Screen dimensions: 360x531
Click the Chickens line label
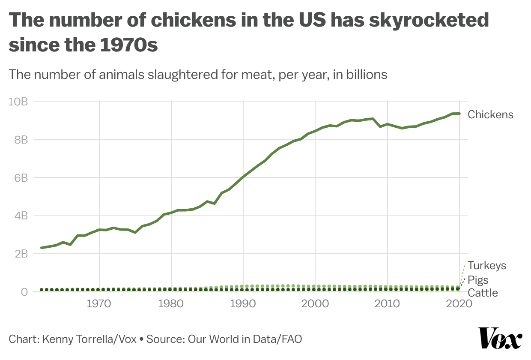[490, 114]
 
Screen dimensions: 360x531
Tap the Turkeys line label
[487, 266]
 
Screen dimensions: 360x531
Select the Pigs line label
[478, 280]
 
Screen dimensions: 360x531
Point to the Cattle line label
[483, 293]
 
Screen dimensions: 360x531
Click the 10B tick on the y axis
[18, 102]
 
